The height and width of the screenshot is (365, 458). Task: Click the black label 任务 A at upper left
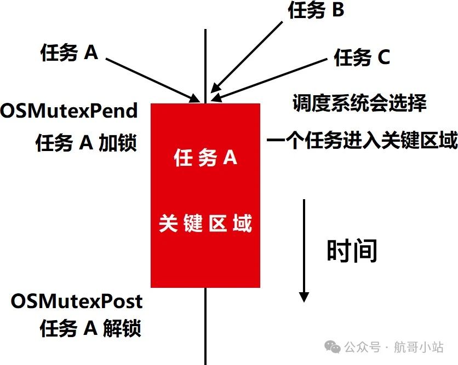click(69, 53)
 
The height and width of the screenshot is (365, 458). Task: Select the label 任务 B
click(316, 10)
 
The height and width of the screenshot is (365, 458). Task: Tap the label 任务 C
click(362, 57)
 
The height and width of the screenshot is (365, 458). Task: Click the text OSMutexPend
click(68, 111)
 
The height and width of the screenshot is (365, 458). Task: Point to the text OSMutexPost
click(77, 300)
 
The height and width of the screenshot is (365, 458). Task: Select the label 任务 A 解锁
click(90, 328)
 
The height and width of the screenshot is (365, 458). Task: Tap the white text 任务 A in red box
click(205, 158)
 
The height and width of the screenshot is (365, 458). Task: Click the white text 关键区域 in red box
click(205, 224)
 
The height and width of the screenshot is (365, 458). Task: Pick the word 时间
click(352, 251)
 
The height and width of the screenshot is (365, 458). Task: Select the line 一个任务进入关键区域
click(362, 141)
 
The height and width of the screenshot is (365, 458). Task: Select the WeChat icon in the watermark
click(333, 346)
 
